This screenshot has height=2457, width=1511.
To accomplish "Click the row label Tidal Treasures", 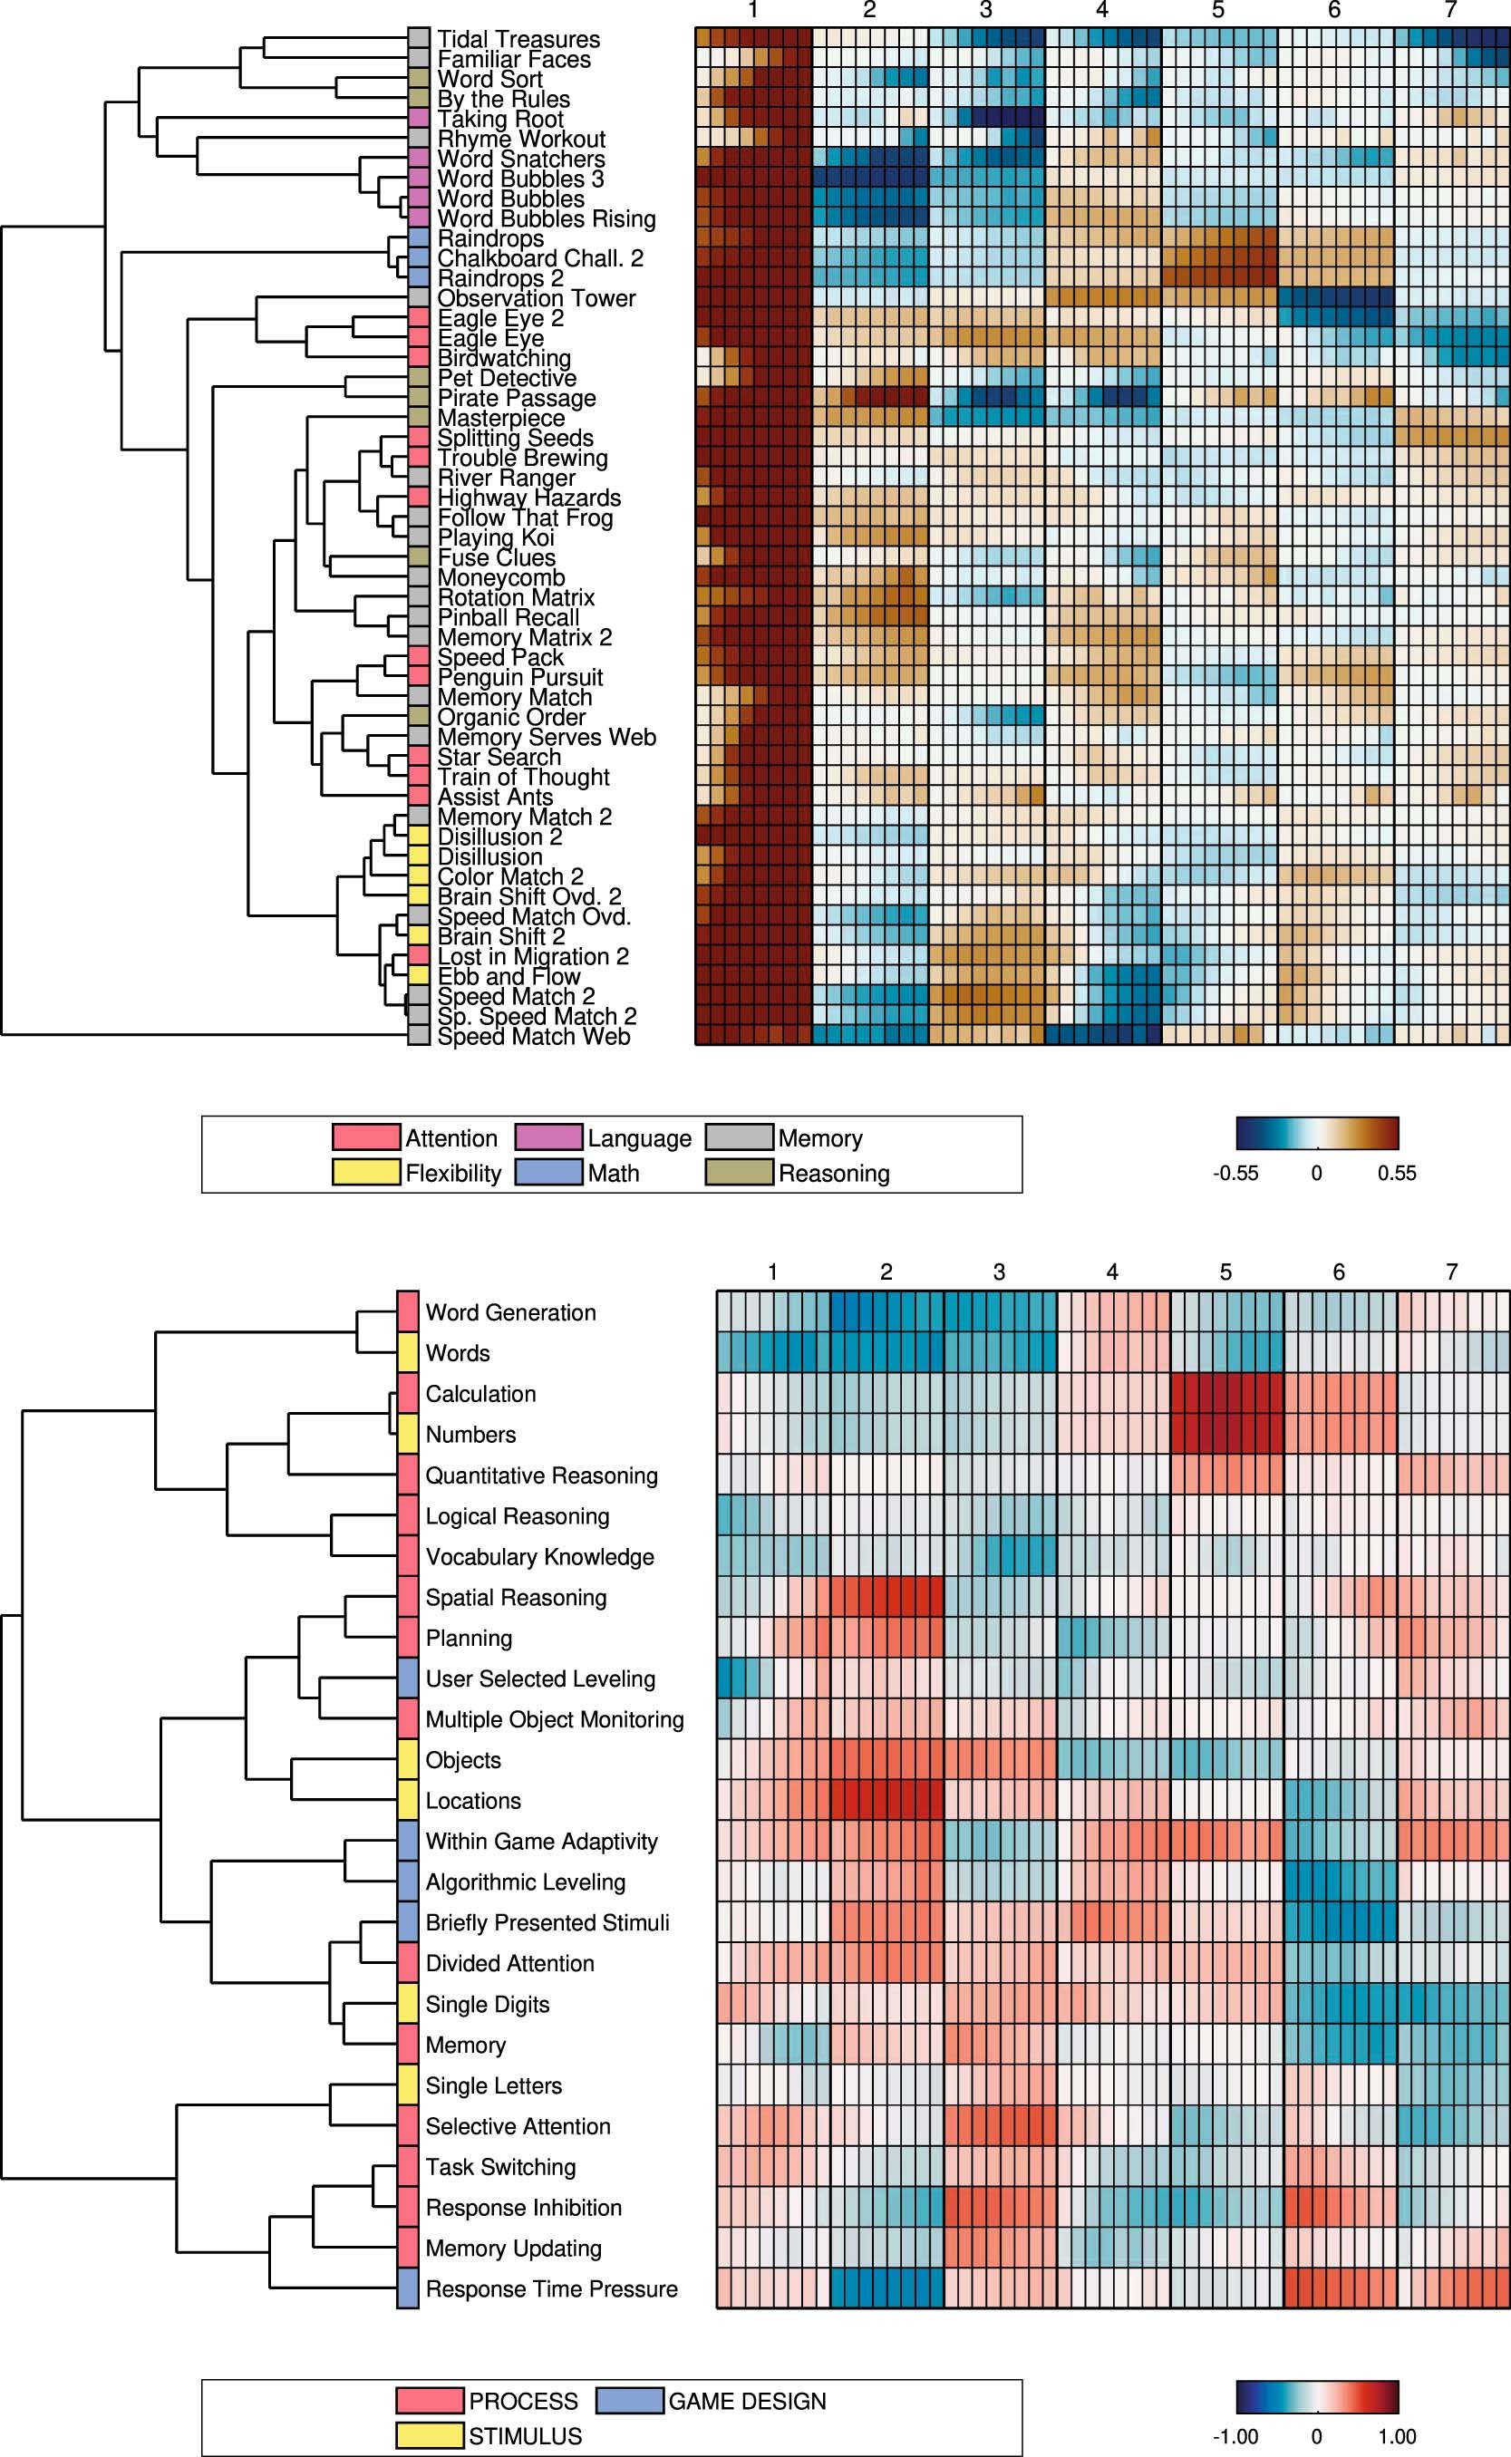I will tap(518, 40).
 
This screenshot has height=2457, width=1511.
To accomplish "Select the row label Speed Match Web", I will tap(534, 1036).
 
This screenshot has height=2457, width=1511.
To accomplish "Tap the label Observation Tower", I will tap(537, 298).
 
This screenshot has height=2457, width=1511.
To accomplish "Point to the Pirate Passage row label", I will tap(517, 398).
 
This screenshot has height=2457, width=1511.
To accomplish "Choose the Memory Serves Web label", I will tap(547, 738).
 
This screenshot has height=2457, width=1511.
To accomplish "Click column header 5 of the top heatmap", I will tap(1218, 11).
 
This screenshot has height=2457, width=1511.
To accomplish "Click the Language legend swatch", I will tap(548, 1137).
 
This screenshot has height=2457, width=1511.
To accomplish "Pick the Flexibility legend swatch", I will tap(366, 1172).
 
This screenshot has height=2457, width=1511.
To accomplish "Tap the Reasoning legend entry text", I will tap(833, 1173).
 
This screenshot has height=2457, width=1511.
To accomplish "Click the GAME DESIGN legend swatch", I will tap(630, 2400).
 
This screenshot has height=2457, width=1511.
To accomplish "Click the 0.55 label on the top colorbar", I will tap(1396, 1173).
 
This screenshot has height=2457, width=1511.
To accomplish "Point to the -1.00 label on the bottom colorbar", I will tap(1235, 2436).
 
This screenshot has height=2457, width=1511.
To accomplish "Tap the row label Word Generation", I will tap(510, 1313).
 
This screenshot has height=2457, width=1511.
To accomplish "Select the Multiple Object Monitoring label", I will tap(555, 1719).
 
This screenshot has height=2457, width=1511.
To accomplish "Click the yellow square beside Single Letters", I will tap(408, 2085).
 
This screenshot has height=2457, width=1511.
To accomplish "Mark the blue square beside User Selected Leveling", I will tap(408, 1678).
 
